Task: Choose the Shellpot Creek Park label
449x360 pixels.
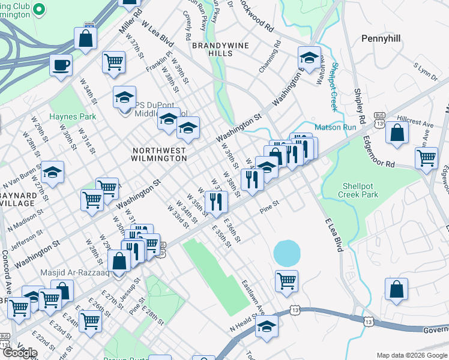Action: [361, 190]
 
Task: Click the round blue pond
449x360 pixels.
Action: [287, 253]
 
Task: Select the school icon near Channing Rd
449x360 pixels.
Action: [309, 58]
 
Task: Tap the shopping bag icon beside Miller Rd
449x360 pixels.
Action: [86, 38]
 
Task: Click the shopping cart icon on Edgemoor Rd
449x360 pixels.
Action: [426, 158]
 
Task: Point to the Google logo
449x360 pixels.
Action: [19, 353]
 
